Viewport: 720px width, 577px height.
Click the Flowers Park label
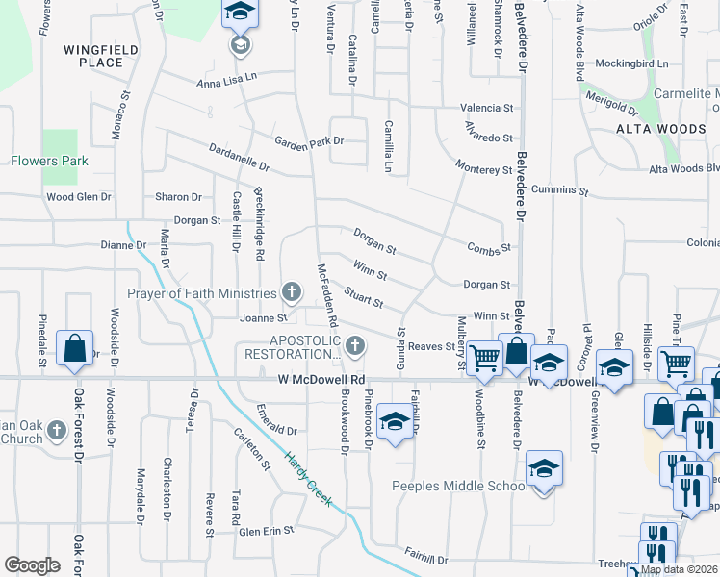coord(48,161)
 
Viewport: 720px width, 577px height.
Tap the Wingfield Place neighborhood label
coord(101,56)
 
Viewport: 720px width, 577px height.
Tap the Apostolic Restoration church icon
coord(356,345)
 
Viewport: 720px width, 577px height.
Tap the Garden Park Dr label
coord(308,141)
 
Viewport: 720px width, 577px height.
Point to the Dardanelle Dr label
coord(239,158)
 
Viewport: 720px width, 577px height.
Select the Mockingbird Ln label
coord(631,63)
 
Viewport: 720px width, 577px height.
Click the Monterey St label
coord(484,170)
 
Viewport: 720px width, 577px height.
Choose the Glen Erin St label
coord(265,531)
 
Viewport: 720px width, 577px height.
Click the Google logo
coord(32,565)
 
